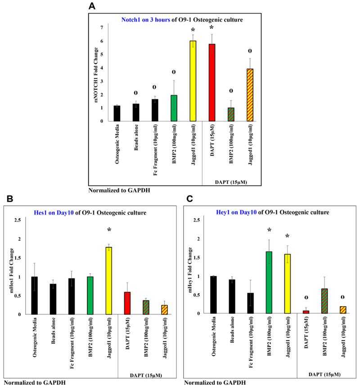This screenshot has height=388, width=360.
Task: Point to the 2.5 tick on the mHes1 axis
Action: (17, 219)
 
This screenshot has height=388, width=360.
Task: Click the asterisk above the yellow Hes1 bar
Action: (109, 230)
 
